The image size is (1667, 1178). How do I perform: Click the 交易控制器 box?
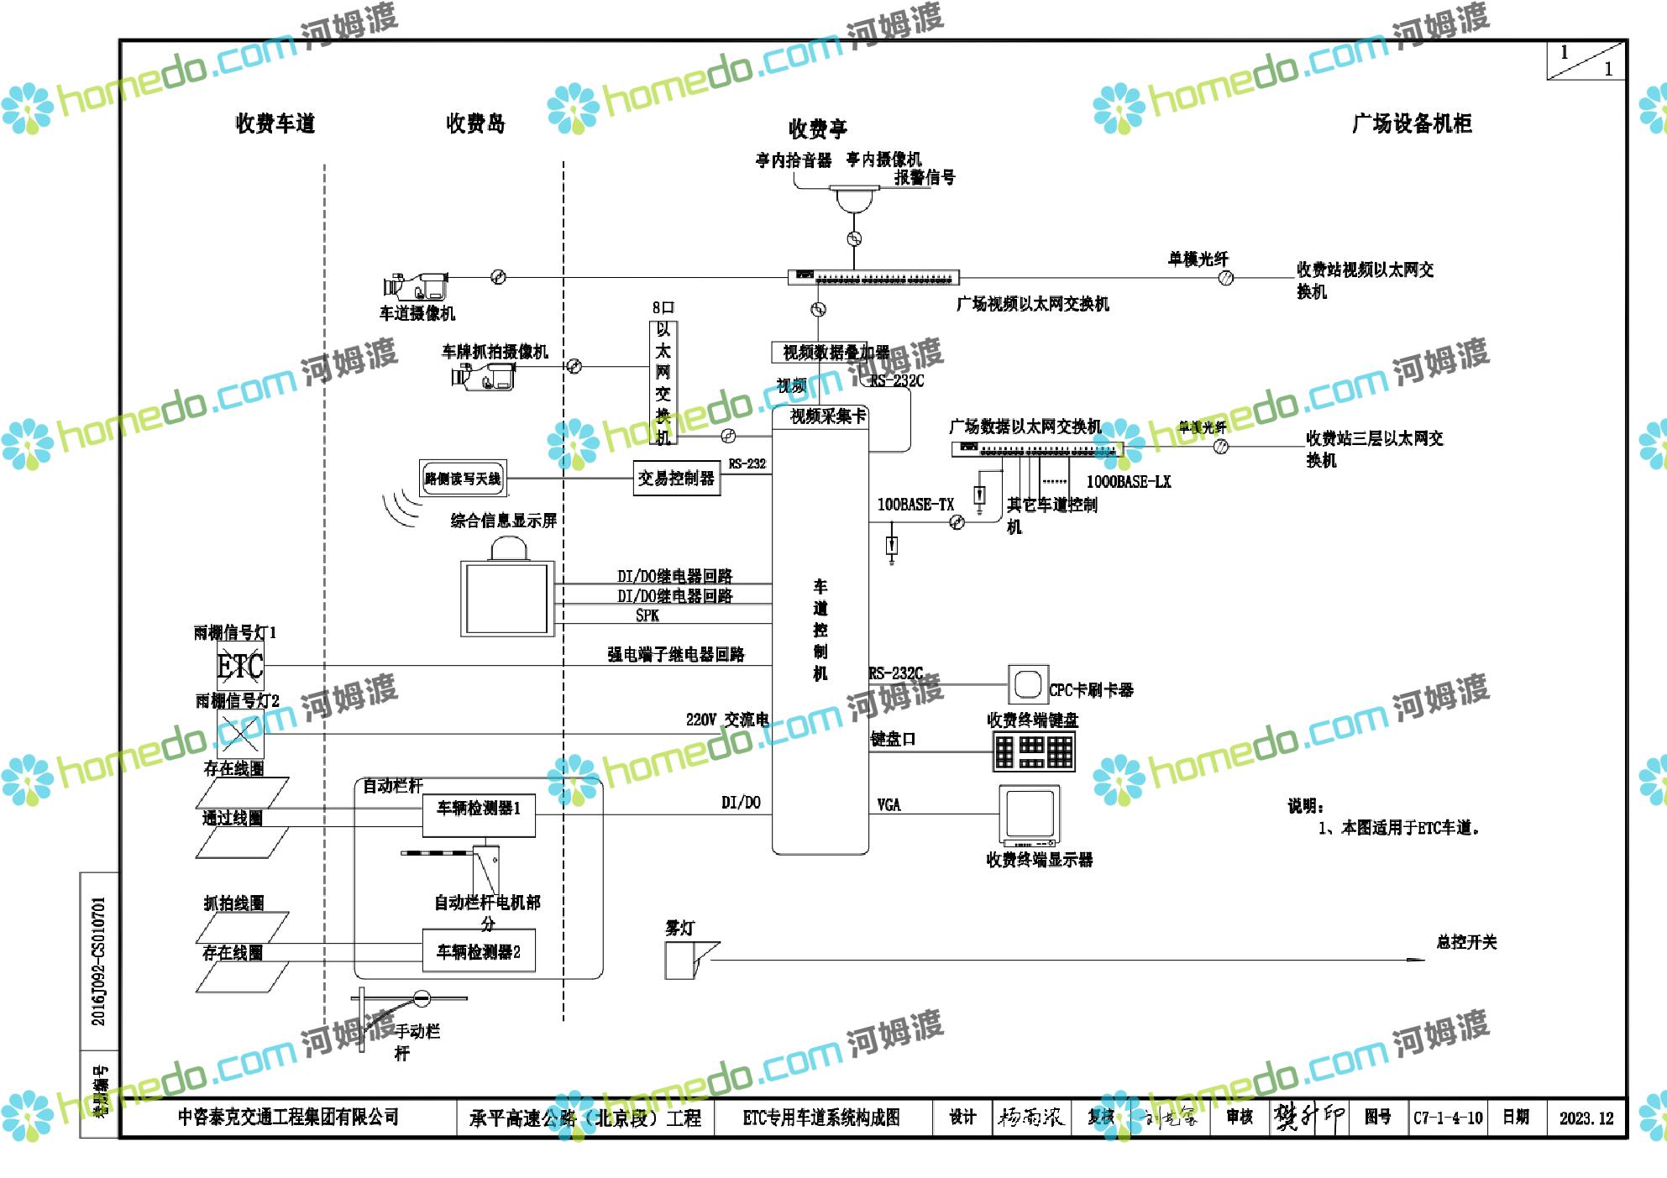tap(676, 479)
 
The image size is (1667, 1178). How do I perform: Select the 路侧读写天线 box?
tap(463, 479)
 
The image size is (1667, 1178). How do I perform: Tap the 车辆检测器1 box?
tap(479, 814)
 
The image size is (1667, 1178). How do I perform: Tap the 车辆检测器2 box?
tap(479, 950)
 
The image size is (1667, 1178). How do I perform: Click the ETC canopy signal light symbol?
tap(240, 667)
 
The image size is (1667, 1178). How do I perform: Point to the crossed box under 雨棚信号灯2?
tap(240, 734)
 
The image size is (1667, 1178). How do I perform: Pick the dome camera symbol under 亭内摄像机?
tap(853, 199)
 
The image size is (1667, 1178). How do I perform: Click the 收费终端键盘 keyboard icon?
tap(1034, 751)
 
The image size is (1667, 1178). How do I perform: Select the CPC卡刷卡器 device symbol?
tap(1027, 684)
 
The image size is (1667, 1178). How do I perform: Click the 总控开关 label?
tap(1466, 942)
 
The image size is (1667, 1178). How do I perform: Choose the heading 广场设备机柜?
tap(1411, 123)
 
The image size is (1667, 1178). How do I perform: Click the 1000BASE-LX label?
tap(1128, 482)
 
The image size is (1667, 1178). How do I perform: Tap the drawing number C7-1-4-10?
tap(1448, 1118)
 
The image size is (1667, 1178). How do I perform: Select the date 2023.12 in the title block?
tap(1586, 1118)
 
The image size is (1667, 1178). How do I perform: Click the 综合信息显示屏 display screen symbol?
tap(507, 596)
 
